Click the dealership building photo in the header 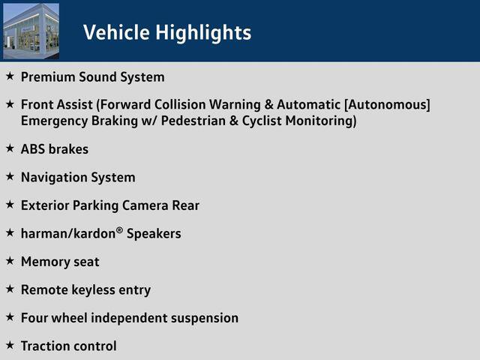coord(31,31)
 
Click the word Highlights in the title coord(203,33)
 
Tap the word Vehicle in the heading coord(116,32)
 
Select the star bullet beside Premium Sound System coord(10,76)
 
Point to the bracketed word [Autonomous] coord(387,105)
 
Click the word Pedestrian coord(193,121)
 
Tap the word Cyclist coord(262,121)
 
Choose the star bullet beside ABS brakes coord(10,148)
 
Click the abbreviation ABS coord(33,149)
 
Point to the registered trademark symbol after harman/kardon coord(120,230)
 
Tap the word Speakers coord(154,234)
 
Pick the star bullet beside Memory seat coord(10,261)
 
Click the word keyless coord(93,290)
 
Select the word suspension coord(205,318)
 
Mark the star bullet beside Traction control coord(10,345)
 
